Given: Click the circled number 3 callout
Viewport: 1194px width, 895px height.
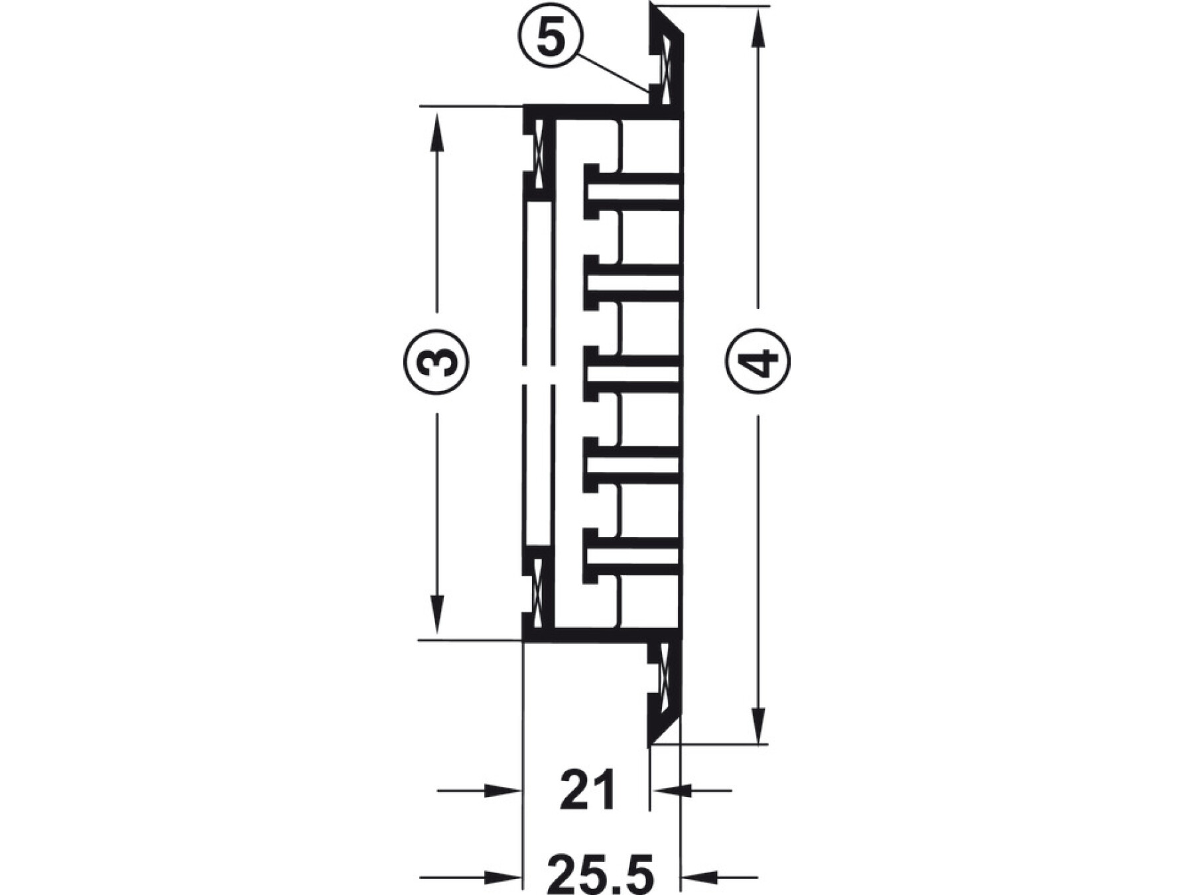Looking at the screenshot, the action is pos(436,362).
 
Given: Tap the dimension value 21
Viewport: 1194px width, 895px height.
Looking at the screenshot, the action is pos(588,790).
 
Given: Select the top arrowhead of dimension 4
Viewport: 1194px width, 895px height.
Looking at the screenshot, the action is pos(758,29).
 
